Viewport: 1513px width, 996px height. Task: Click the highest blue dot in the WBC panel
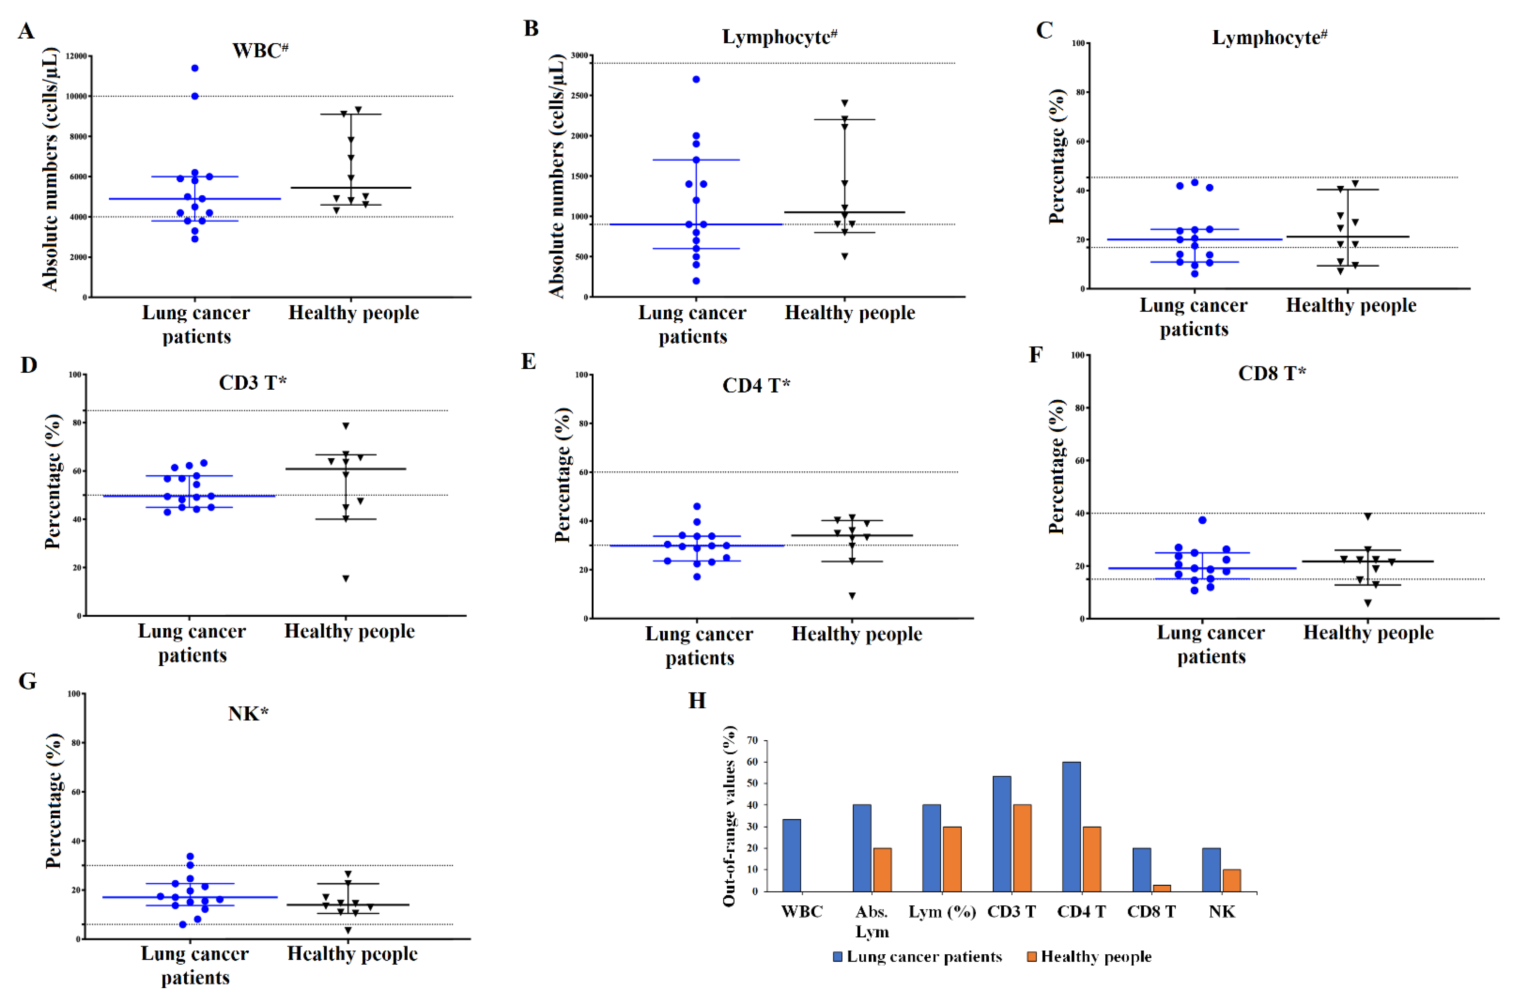click(195, 68)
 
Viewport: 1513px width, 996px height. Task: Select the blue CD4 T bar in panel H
click(1071, 826)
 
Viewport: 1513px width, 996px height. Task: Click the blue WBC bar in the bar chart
click(791, 855)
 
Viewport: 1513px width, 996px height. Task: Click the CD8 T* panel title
click(1271, 373)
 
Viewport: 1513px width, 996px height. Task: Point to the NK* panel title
click(248, 714)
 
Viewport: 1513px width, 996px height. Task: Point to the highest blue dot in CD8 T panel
click(1202, 520)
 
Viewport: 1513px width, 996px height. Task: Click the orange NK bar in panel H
click(1231, 880)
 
